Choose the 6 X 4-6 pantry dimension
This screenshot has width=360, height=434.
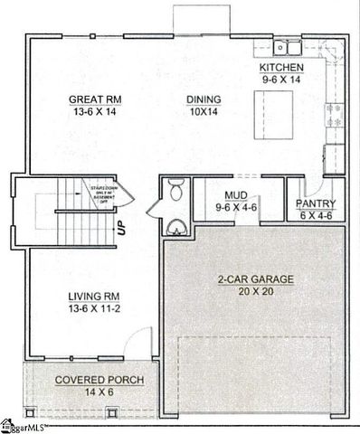[x=317, y=216]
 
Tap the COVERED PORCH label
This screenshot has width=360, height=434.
[x=84, y=380]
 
